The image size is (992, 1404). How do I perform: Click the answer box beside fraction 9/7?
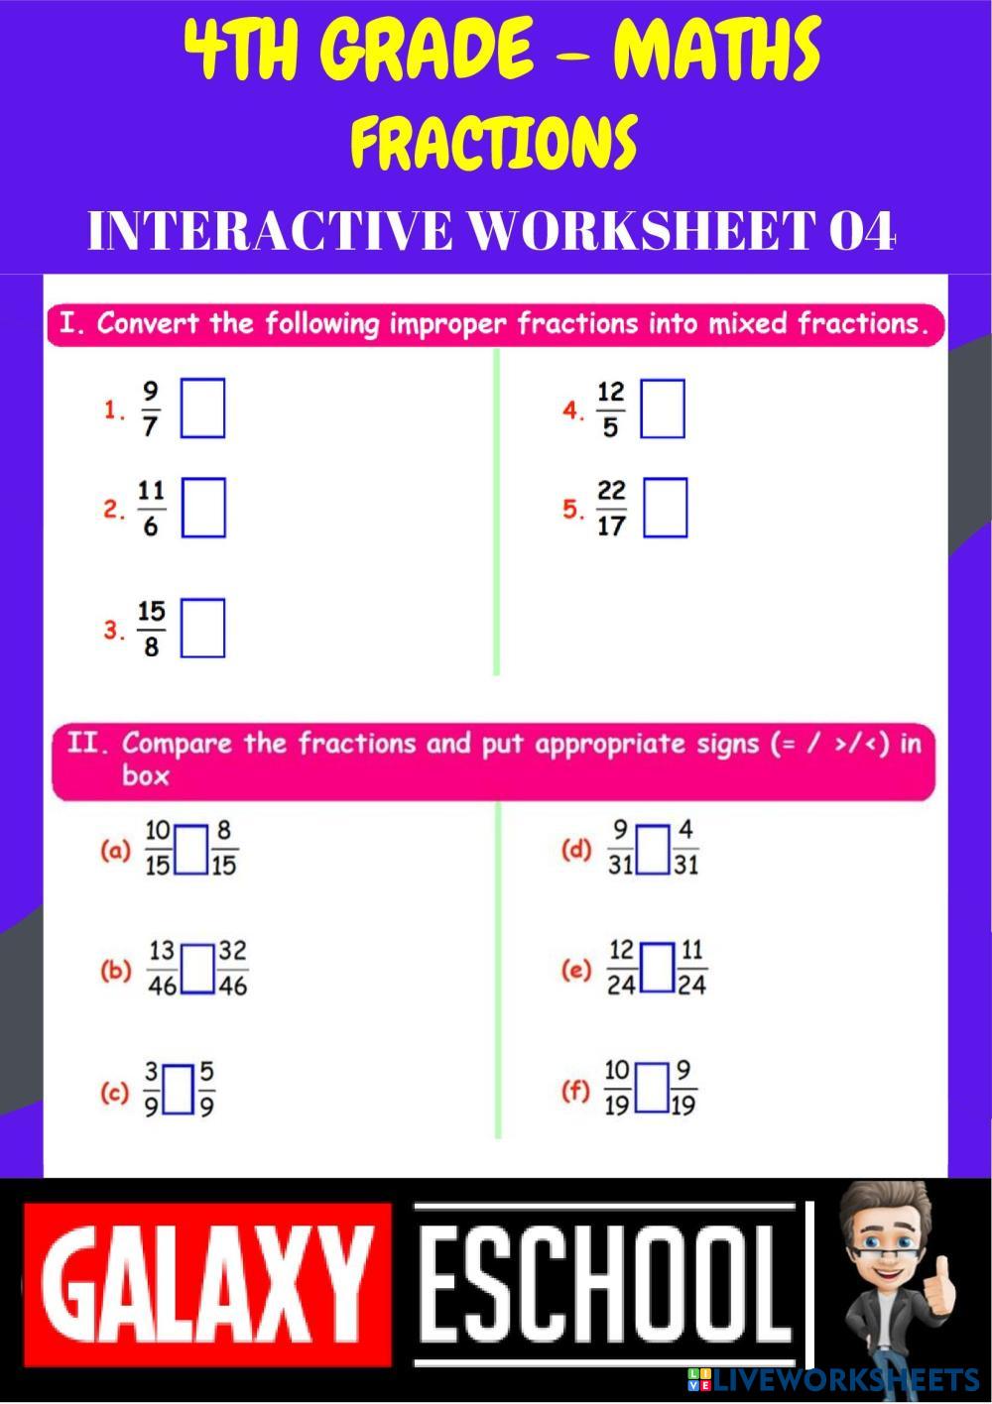coord(202,408)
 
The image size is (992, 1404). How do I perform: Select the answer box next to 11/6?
coord(203,508)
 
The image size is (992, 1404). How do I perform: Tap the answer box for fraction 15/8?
coord(202,628)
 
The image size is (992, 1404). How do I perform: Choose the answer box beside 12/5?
coord(663,409)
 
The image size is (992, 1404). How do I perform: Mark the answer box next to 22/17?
coord(665,508)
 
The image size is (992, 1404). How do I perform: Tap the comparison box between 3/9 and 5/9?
coord(179,1090)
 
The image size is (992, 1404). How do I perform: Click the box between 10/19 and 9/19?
coord(652,1089)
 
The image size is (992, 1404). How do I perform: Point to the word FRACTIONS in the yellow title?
coord(493,143)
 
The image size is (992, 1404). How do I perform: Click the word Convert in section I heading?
coord(147,324)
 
